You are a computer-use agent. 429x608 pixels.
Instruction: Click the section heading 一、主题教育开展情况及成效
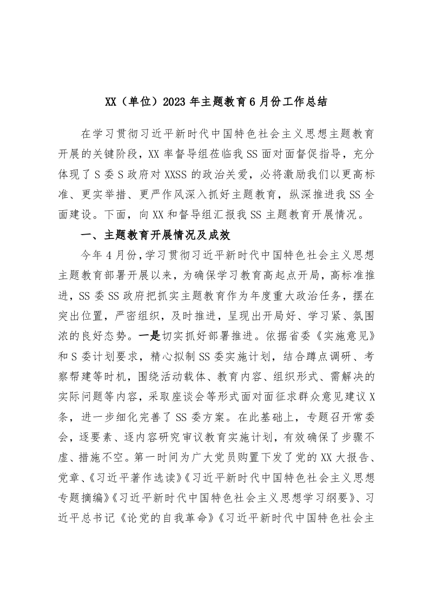tap(155, 236)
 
